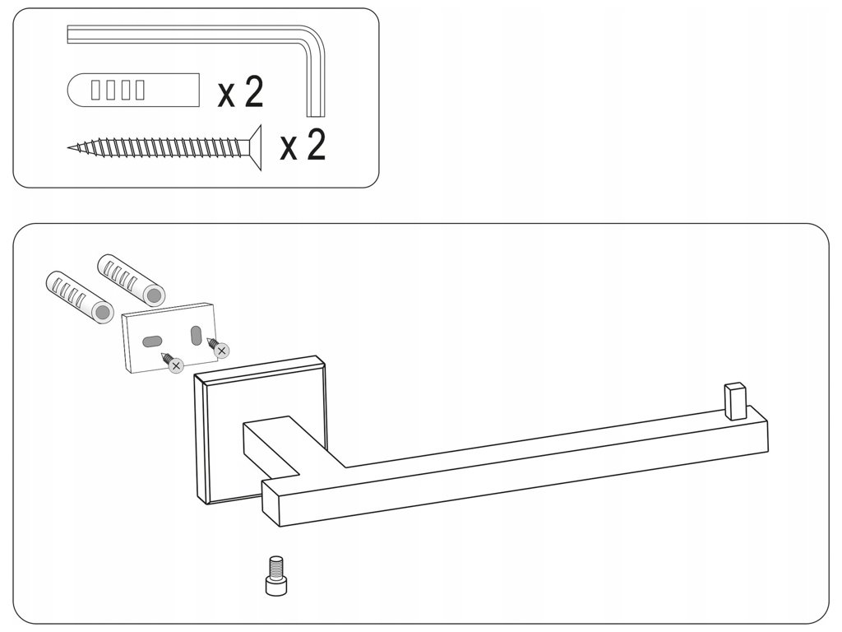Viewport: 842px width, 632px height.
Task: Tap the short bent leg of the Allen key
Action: point(316,82)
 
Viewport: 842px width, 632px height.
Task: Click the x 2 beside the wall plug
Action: point(240,92)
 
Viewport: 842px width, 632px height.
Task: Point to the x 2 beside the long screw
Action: point(303,146)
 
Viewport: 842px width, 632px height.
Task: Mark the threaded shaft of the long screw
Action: point(164,148)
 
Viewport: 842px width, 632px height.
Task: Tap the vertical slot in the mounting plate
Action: point(196,335)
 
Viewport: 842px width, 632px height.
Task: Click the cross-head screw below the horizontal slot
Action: point(173,363)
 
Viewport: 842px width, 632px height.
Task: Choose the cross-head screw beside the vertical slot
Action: point(219,349)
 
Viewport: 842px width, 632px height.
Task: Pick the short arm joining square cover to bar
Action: point(275,448)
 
